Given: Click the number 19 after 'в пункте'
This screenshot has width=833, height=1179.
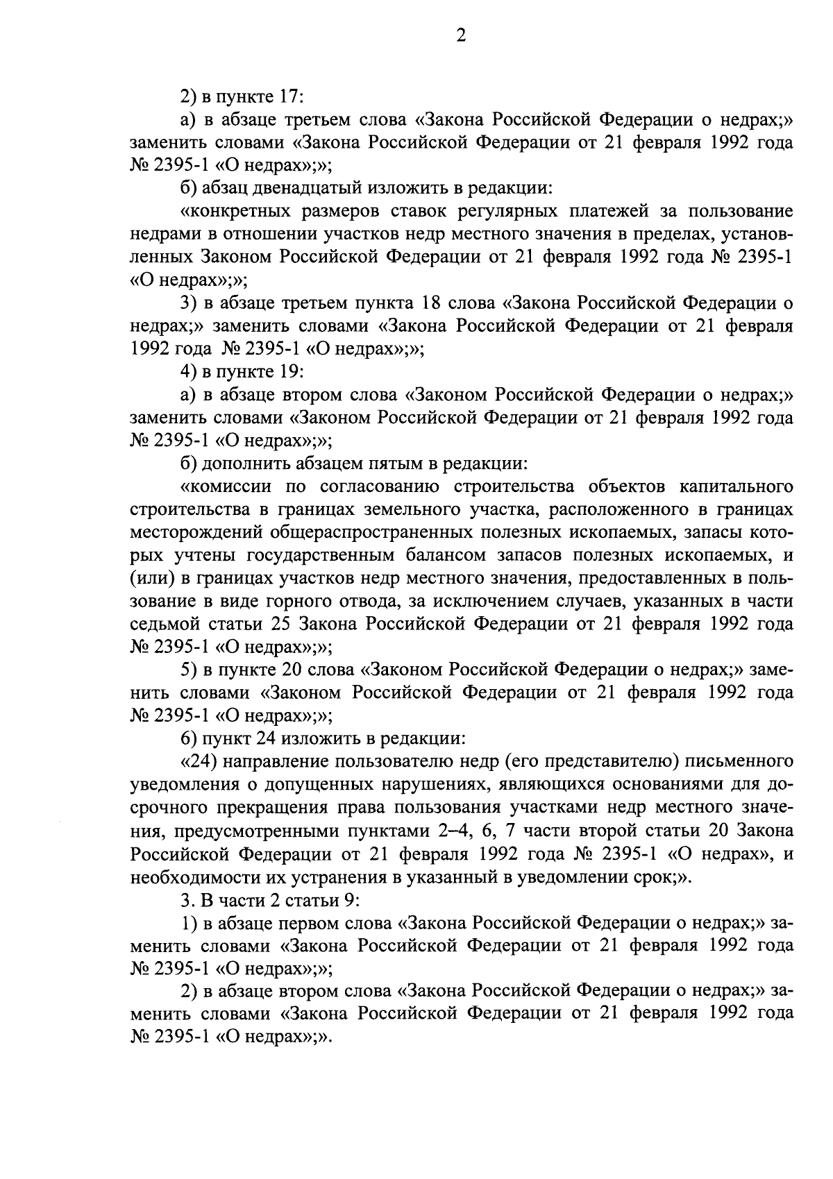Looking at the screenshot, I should coord(289,371).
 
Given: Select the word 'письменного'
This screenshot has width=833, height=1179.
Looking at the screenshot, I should coord(739,761).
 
